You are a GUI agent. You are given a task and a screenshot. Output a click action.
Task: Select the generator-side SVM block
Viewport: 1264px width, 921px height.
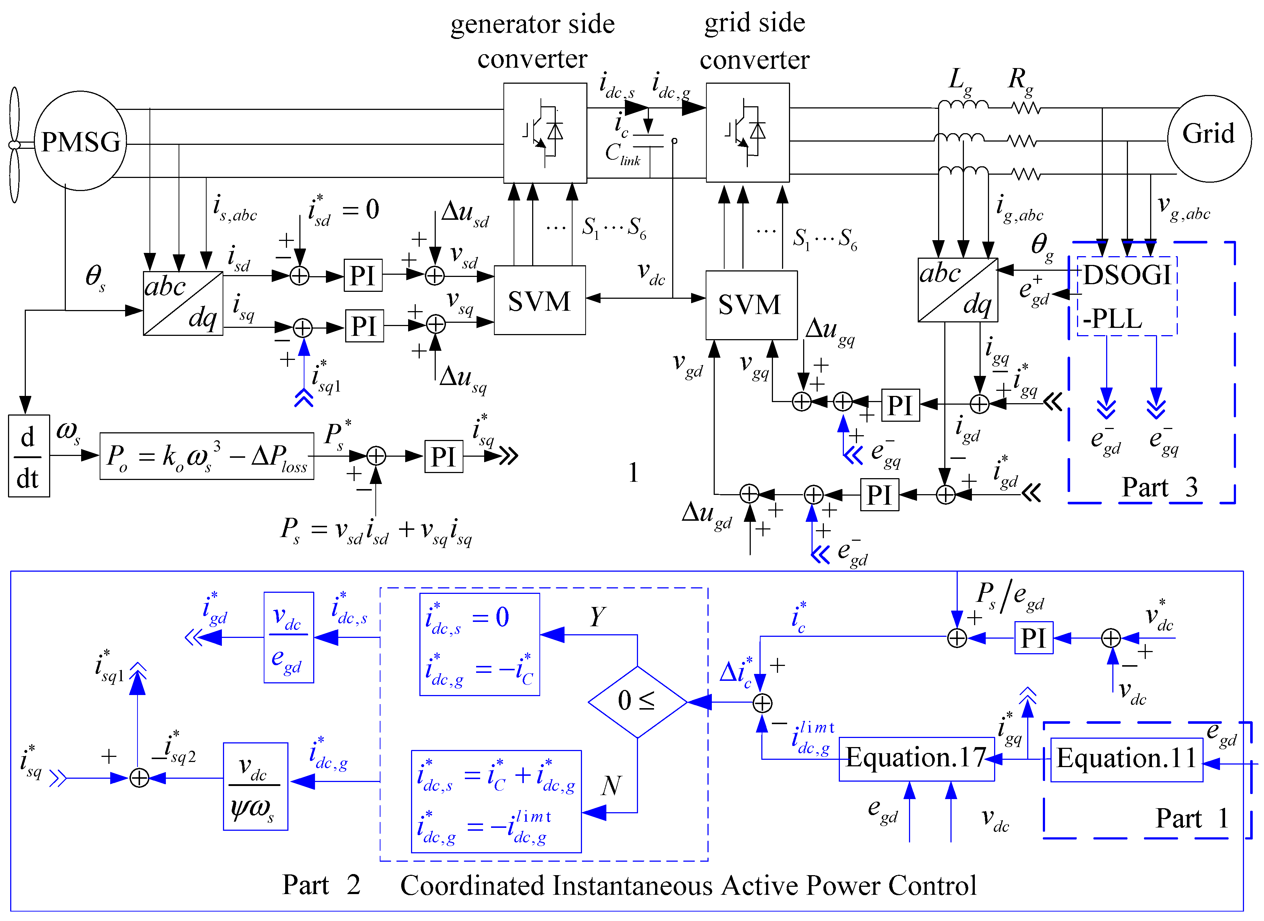[x=539, y=301]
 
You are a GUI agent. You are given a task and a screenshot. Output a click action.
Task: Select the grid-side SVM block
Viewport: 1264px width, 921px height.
[x=751, y=305]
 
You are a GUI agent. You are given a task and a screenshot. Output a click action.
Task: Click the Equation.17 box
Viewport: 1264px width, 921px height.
[x=916, y=758]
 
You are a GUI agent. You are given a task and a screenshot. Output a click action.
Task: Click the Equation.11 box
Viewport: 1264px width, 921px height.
[x=1127, y=759]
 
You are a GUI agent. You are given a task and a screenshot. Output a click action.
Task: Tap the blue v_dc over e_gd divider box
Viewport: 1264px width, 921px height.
[x=288, y=637]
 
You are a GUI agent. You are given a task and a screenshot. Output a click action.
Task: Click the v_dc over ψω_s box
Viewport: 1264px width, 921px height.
[x=255, y=786]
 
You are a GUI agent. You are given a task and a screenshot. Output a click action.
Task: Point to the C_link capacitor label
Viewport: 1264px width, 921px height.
[x=622, y=154]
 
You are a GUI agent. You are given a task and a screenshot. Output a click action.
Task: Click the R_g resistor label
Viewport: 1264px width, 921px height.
[x=1020, y=81]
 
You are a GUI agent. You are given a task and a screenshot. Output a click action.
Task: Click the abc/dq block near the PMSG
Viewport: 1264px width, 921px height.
[x=183, y=303]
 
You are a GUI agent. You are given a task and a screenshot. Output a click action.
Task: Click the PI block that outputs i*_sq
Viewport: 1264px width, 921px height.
[x=444, y=457]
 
